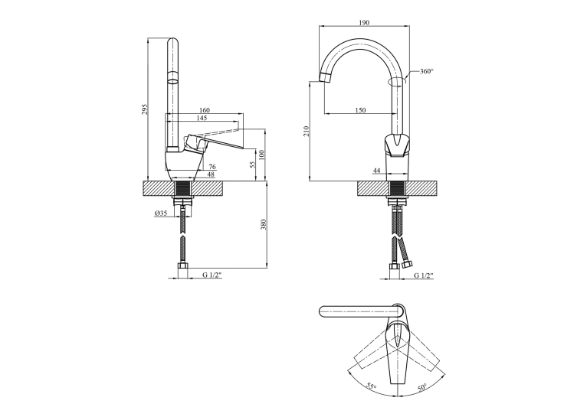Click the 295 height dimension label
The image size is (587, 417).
146,109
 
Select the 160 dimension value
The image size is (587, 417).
205,110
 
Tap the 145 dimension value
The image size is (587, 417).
202,118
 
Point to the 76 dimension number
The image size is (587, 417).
212,167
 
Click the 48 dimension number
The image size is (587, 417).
211,174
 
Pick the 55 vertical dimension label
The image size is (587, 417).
253,165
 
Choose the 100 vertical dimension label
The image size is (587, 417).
261,155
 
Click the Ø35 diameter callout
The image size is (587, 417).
161,213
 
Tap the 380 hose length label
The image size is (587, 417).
263,224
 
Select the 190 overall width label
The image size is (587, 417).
364,23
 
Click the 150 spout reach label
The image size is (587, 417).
360,110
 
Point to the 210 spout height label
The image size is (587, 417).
307,131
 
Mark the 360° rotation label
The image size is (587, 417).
426,71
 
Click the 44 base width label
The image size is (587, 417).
376,171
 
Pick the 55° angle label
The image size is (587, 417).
372,386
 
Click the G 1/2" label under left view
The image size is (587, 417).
212,275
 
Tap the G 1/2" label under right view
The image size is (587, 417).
424,275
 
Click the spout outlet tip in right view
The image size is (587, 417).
326,77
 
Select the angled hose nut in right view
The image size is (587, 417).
407,266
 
